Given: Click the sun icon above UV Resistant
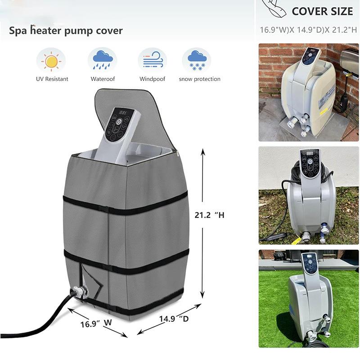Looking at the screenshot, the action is (51, 61).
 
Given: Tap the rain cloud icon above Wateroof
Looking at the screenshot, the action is (103, 60).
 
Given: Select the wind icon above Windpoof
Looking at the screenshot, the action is (153, 60).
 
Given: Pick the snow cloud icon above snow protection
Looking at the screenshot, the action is (197, 60).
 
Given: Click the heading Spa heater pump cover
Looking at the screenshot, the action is (66, 31).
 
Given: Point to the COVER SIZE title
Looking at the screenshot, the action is (322, 12).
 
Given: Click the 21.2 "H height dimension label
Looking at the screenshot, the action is (209, 215).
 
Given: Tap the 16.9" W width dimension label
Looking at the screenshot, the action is (96, 323).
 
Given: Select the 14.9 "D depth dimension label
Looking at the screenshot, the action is (174, 319).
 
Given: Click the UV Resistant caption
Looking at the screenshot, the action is (52, 79).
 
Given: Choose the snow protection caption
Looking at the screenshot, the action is (199, 79).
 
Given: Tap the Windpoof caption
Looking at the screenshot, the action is (152, 79).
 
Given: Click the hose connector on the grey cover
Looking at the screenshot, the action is (81, 292).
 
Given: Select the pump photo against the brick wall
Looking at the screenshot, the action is (308, 92).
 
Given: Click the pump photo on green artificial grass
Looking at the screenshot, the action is (308, 298).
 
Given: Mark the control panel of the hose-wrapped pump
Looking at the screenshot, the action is (310, 163).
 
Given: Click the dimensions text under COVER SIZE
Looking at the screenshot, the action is (308, 30).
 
